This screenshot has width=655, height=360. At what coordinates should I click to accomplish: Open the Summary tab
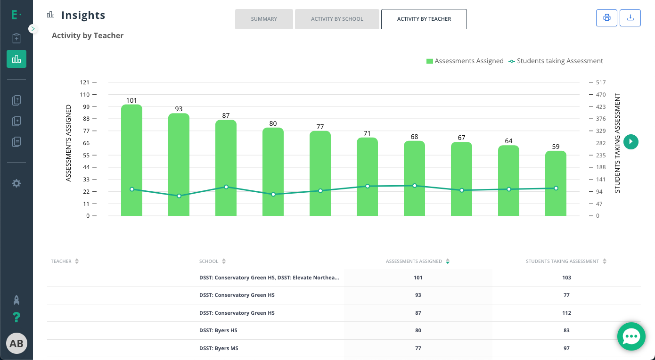(x=264, y=19)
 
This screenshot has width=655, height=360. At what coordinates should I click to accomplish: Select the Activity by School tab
(x=337, y=19)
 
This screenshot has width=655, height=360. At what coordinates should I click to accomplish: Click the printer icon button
(x=606, y=18)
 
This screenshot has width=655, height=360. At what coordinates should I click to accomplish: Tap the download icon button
(x=630, y=18)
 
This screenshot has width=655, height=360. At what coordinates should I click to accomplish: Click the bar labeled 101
(x=131, y=160)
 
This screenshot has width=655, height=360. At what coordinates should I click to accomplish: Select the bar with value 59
(x=556, y=183)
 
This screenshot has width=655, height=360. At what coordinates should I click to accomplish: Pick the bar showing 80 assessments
(x=273, y=172)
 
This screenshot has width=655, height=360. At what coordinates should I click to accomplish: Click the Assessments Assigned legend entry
(x=465, y=61)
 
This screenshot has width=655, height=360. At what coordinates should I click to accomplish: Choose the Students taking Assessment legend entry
(x=556, y=61)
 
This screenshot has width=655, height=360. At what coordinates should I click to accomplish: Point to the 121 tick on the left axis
(x=85, y=82)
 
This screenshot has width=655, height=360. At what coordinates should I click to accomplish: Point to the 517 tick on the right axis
(x=598, y=82)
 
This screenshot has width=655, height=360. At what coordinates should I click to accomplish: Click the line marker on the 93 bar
(x=179, y=196)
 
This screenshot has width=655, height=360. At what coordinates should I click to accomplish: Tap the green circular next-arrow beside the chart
(x=630, y=142)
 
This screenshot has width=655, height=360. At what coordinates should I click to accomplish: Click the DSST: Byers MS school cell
(x=219, y=348)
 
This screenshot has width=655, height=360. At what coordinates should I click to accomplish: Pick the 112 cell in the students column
(x=566, y=312)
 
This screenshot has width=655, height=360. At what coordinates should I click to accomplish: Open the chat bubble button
(x=631, y=336)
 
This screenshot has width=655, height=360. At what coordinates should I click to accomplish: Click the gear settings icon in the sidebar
(x=16, y=183)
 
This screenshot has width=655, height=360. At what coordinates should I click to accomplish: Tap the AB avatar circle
(x=16, y=344)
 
